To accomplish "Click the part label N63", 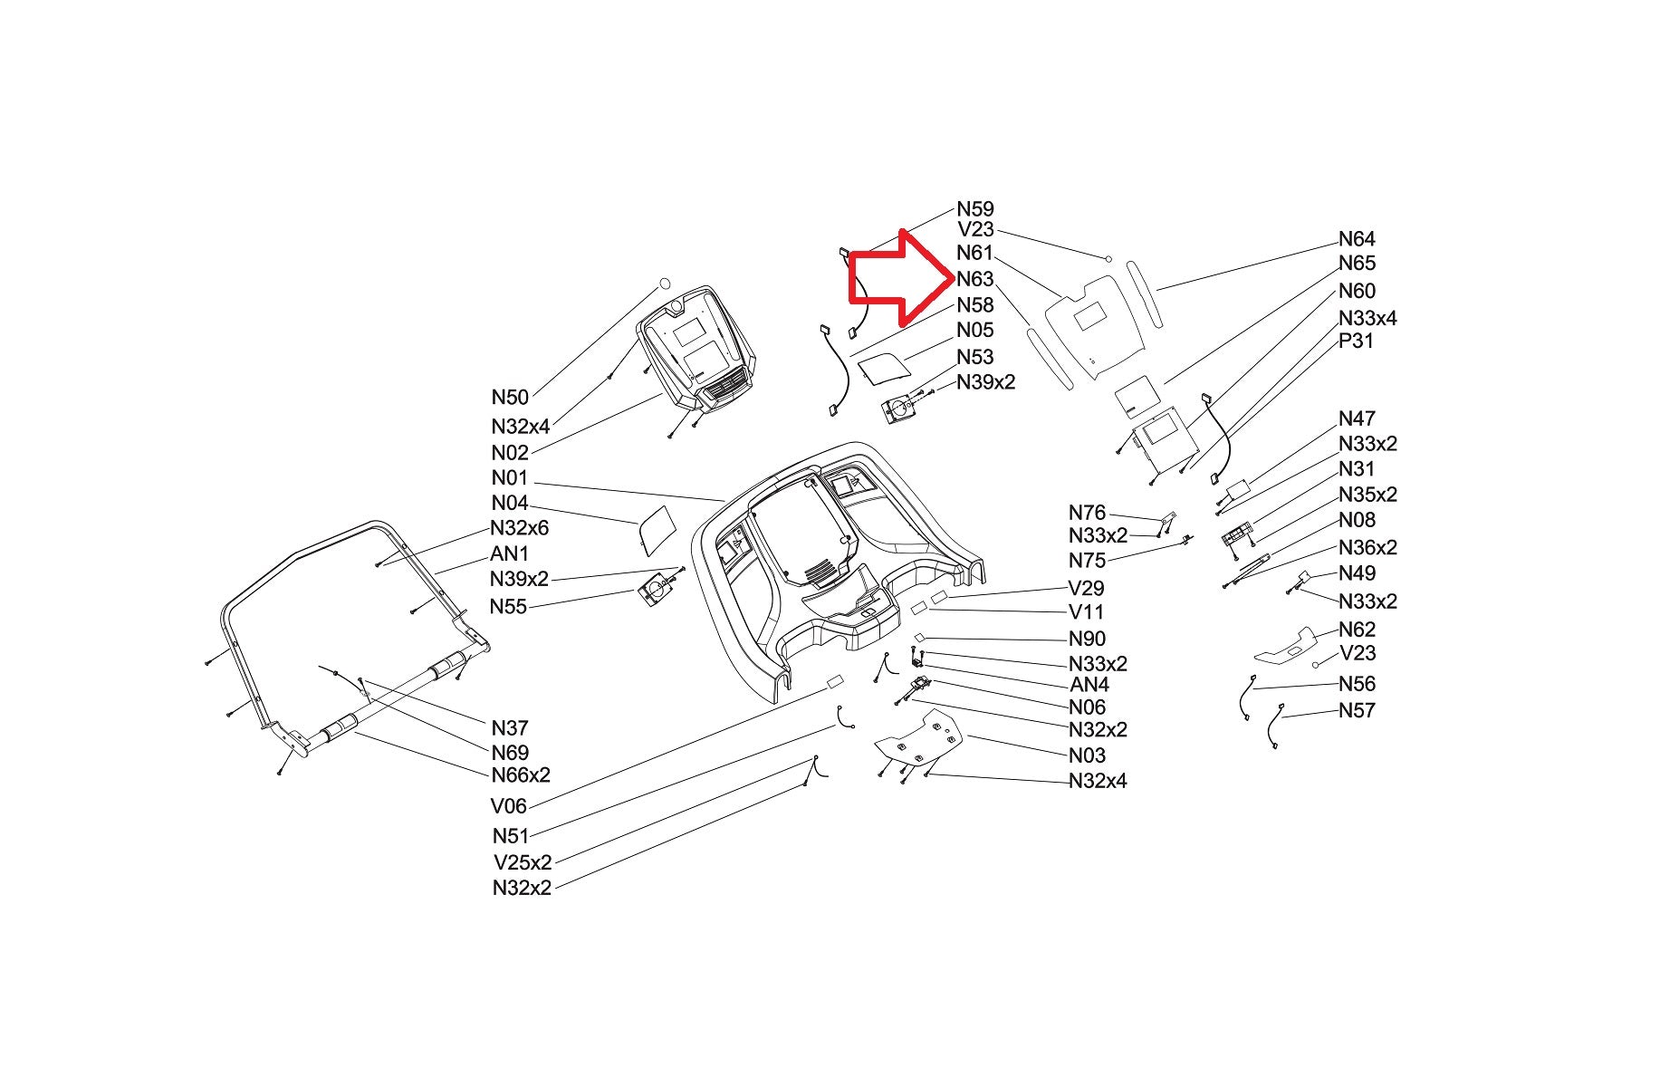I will (x=975, y=279).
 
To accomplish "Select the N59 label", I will (x=975, y=209).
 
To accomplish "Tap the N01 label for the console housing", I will (x=510, y=478).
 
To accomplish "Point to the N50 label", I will (x=510, y=398).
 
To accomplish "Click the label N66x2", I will (x=521, y=775).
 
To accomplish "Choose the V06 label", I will (x=509, y=806).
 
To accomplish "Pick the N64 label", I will (x=1357, y=239).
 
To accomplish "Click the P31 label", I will (x=1356, y=341).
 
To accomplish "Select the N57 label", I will (x=1357, y=711).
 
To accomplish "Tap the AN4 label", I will (x=1089, y=686).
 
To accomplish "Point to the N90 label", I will (x=1087, y=640).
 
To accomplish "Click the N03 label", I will (x=1087, y=755).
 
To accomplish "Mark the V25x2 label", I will (x=523, y=862).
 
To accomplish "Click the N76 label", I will (x=1087, y=514).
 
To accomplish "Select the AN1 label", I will (x=509, y=553).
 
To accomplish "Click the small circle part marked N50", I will (x=664, y=283).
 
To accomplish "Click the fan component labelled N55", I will (x=656, y=594).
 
